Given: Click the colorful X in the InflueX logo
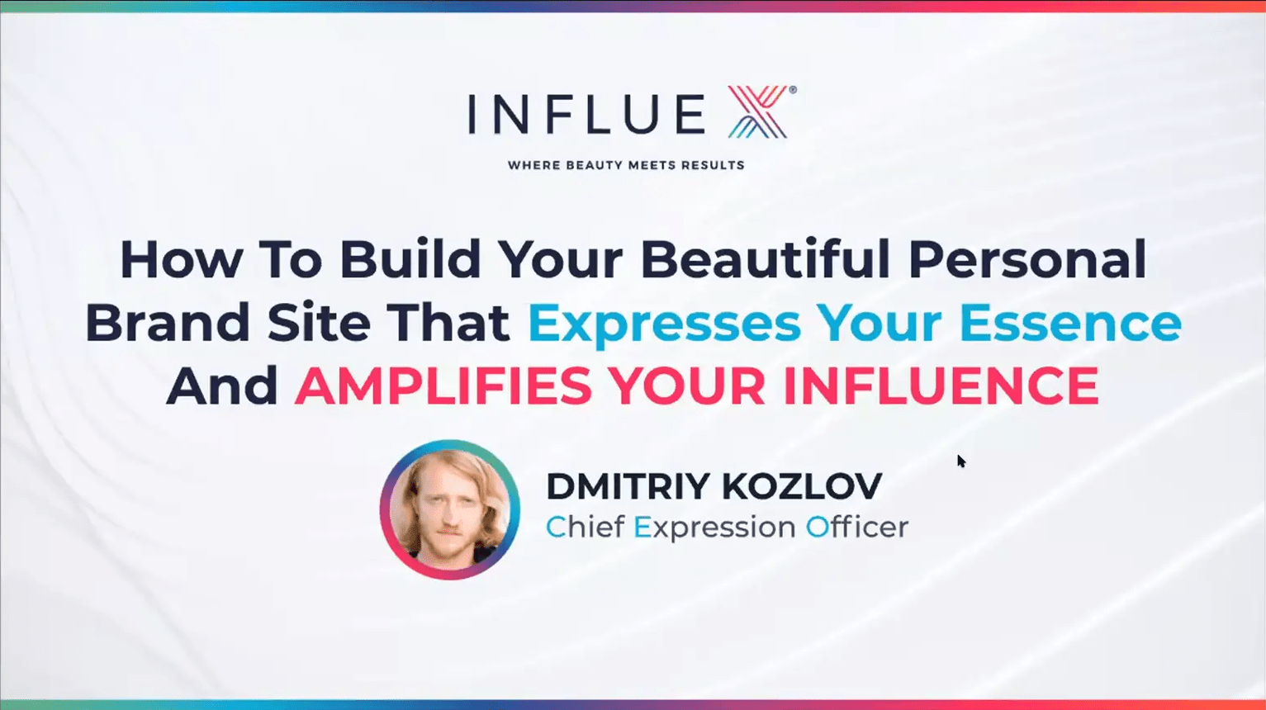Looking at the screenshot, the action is coord(757,111).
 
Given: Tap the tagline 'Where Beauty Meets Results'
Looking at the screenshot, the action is coord(626,165).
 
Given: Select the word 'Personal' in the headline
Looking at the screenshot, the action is coord(1027,259).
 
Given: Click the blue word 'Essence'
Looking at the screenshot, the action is coord(1070,323).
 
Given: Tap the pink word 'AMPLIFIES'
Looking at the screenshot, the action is coord(443,386).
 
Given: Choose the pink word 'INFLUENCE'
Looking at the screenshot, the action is coord(941,386).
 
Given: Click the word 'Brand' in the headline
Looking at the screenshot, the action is coord(168,323).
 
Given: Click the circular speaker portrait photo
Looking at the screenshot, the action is coord(450,510).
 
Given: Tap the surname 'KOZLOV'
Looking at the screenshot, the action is coord(801,485).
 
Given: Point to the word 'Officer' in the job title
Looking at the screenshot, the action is coord(857,527).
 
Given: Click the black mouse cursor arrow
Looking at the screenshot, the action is coord(961,461).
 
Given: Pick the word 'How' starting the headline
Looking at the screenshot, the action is coord(182,259).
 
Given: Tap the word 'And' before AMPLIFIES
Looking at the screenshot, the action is coord(222,386).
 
